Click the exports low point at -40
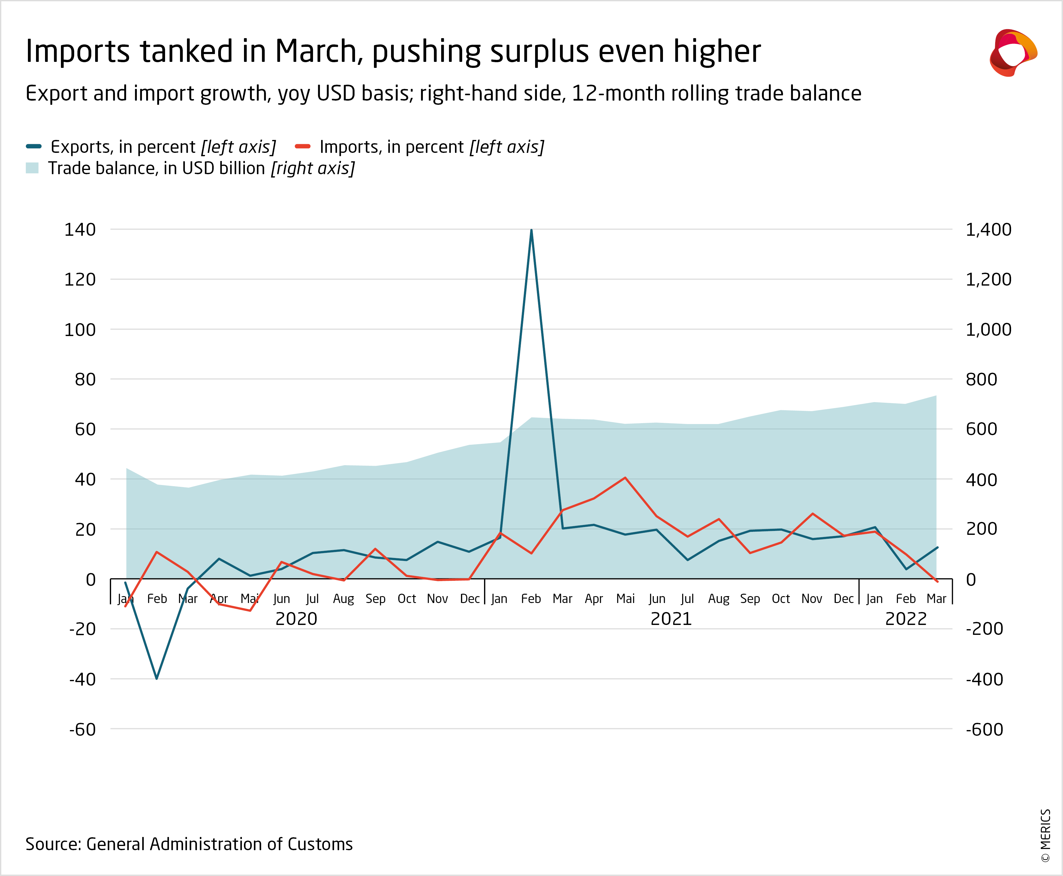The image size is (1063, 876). (x=157, y=678)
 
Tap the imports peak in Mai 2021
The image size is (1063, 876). (x=625, y=477)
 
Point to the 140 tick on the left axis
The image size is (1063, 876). (x=80, y=230)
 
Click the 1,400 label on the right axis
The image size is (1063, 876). (x=988, y=230)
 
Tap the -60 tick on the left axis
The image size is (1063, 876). (x=82, y=729)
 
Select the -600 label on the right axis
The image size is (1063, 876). (x=984, y=729)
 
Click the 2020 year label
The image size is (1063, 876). (x=296, y=619)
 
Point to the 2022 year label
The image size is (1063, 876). (x=906, y=619)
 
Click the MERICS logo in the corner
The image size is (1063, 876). (x=1013, y=53)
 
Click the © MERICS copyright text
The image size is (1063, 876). (x=1045, y=835)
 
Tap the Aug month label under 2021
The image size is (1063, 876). (x=718, y=599)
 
